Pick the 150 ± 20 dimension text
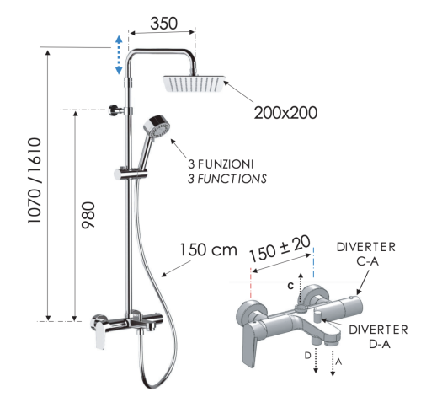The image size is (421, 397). pyautogui.click(x=280, y=249)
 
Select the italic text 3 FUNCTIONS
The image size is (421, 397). pyautogui.click(x=227, y=179)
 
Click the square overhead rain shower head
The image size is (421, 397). pyautogui.click(x=194, y=85)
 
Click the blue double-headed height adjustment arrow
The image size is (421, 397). pyautogui.click(x=119, y=55)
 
